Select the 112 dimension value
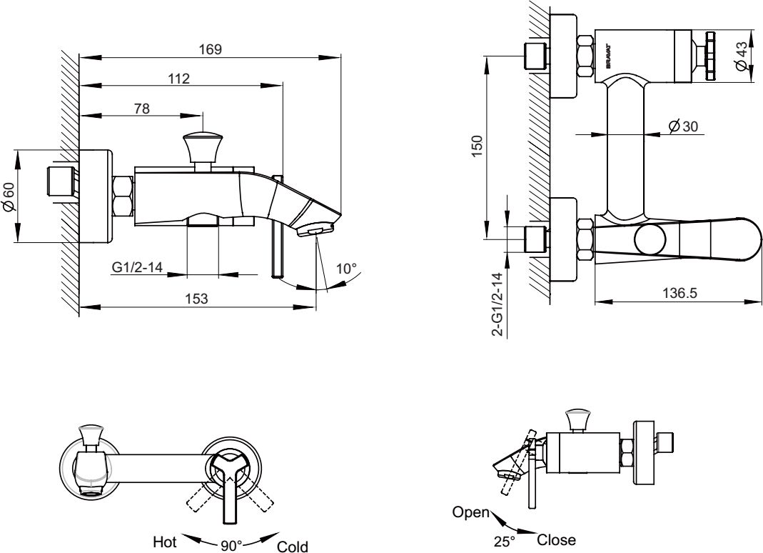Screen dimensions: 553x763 [x=179, y=79]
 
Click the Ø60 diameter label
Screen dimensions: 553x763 [x=9, y=196]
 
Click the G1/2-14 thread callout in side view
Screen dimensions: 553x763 [x=138, y=268]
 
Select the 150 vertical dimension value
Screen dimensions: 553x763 [x=478, y=145]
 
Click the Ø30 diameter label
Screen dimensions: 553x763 [x=683, y=126]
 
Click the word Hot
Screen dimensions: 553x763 [x=164, y=542]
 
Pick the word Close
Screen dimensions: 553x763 [x=557, y=540]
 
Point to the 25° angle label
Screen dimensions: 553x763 [x=505, y=542]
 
